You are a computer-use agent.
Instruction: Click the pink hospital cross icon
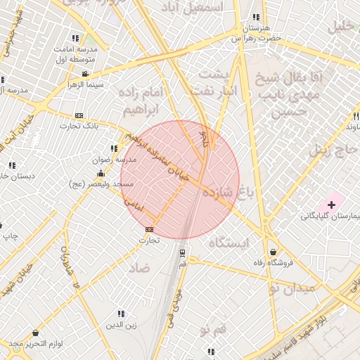point(331,205)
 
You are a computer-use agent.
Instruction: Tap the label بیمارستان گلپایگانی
point(330,216)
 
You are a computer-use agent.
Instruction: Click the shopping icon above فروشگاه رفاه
point(273,252)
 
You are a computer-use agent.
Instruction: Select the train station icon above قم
point(183,252)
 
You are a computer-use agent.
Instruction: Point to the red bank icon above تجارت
point(149,229)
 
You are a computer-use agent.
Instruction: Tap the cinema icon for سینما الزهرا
point(85,74)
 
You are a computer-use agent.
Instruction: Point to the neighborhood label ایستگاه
point(229,243)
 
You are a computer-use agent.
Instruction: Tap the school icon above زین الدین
point(121,314)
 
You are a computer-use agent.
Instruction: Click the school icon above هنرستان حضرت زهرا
point(255,17)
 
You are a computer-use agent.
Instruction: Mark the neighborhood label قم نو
point(213,329)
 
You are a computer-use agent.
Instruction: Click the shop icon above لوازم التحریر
point(35,333)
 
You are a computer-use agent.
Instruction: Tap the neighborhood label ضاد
point(139,268)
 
